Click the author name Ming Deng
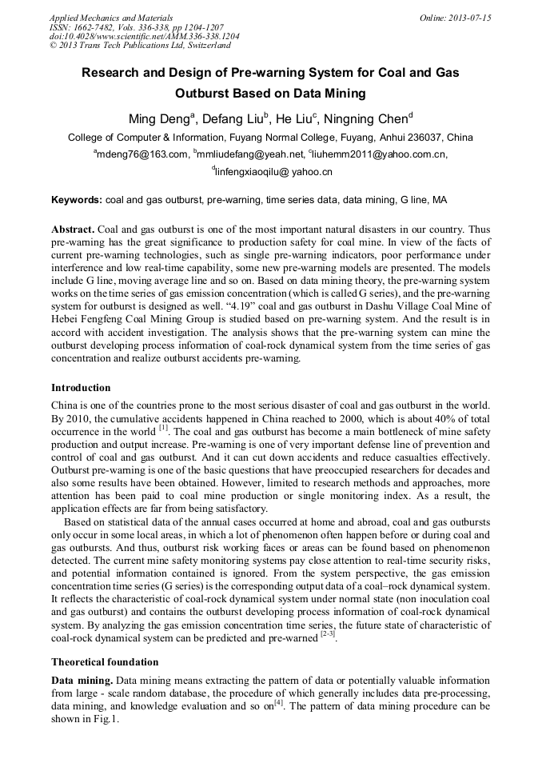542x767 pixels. [159, 119]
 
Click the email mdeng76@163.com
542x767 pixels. [141, 154]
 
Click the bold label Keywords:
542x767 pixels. [77, 199]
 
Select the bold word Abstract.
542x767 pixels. [74, 229]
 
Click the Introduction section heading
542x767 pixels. [81, 387]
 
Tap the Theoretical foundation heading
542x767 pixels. [105, 662]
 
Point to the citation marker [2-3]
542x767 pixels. [328, 636]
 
